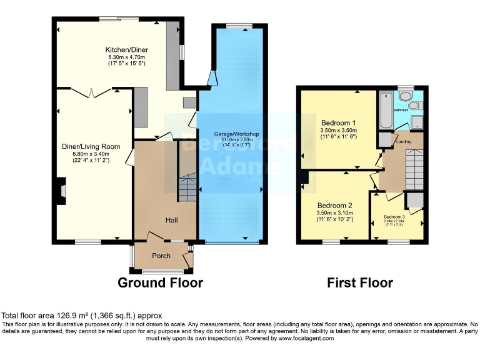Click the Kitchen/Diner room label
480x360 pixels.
click(126, 49)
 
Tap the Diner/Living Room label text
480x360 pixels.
click(90, 146)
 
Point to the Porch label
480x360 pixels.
click(161, 256)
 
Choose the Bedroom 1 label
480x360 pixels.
click(338, 122)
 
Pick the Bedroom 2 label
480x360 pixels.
click(334, 205)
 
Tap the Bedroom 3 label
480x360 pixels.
click(394, 216)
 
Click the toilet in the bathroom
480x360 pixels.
click(406, 96)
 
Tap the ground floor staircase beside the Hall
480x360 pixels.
click(187, 181)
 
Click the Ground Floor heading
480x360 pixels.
click(161, 282)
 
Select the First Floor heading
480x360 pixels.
click(360, 282)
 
